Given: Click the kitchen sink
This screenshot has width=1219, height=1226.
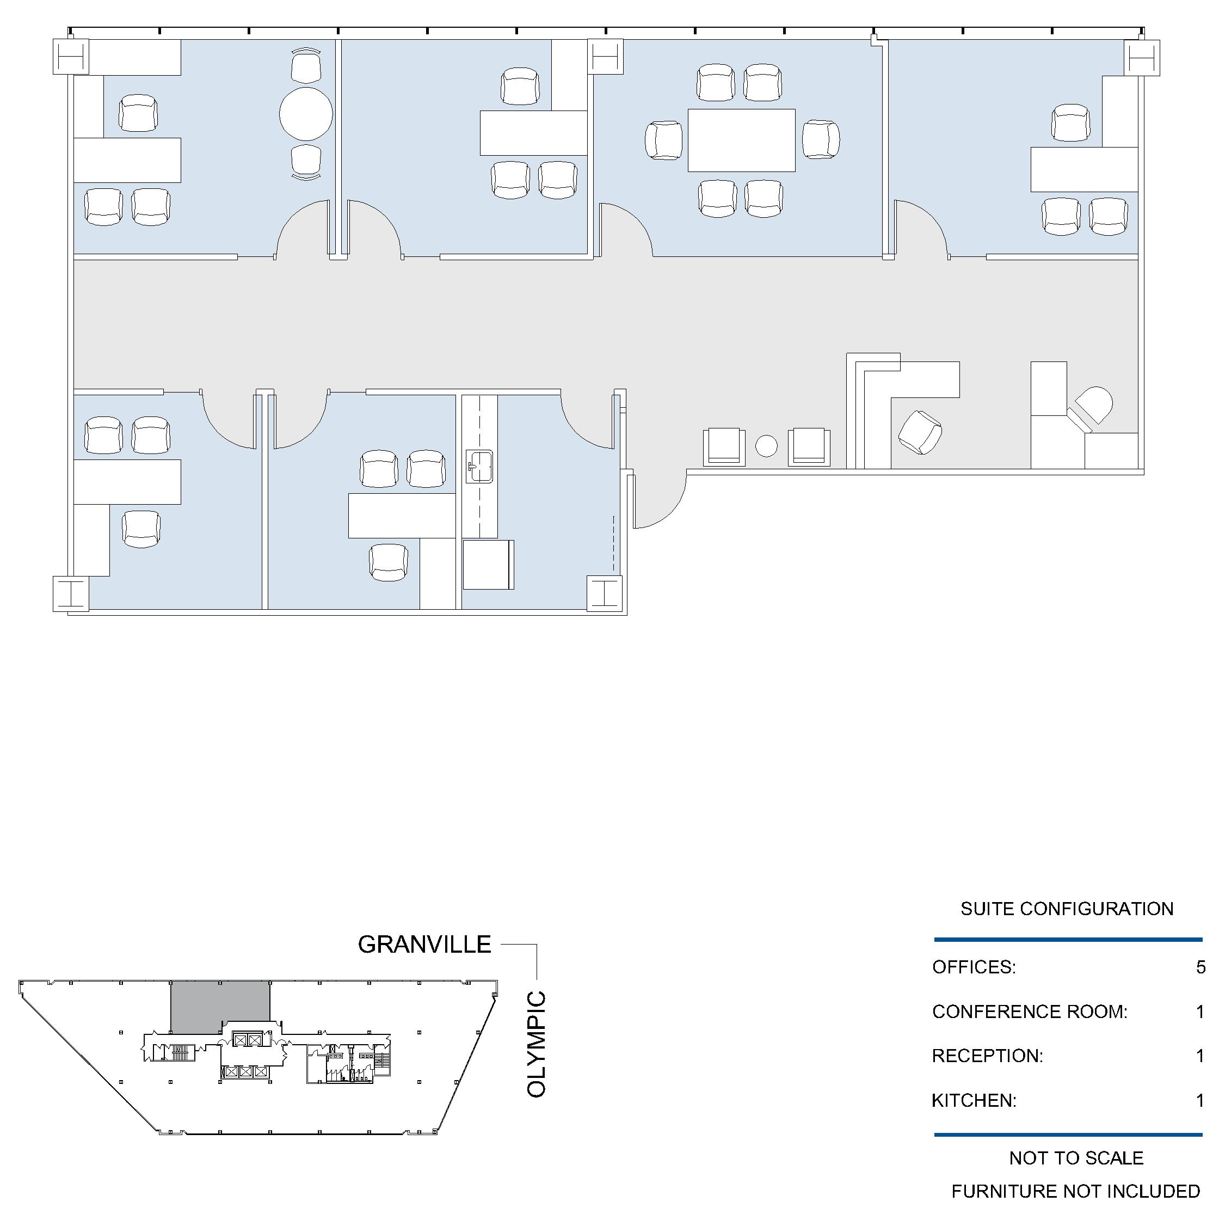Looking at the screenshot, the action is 479,467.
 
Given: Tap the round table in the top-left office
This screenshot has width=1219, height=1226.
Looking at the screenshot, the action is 306,114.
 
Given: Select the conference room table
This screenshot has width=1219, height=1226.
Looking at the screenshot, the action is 741,140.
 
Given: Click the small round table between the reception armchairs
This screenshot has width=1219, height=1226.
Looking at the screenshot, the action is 766,445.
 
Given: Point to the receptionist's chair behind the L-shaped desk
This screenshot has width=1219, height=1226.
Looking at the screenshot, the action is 920,432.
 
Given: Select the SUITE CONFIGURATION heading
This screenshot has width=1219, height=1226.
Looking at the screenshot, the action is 1067,909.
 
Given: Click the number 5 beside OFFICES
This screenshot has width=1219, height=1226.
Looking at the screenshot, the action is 1200,967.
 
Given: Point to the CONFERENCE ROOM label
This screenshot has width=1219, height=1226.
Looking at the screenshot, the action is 1030,1012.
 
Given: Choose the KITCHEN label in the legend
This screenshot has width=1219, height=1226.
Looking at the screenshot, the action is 974,1100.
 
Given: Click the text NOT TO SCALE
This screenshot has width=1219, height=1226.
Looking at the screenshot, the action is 1076,1158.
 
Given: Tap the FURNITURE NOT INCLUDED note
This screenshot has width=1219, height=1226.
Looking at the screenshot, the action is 1076,1192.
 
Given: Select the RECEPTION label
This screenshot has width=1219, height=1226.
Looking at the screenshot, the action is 987,1056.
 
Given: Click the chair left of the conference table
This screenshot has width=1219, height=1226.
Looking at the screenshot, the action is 664,140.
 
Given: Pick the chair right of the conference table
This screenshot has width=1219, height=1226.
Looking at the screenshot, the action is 821,139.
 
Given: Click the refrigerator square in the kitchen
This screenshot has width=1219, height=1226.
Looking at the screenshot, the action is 488,565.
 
